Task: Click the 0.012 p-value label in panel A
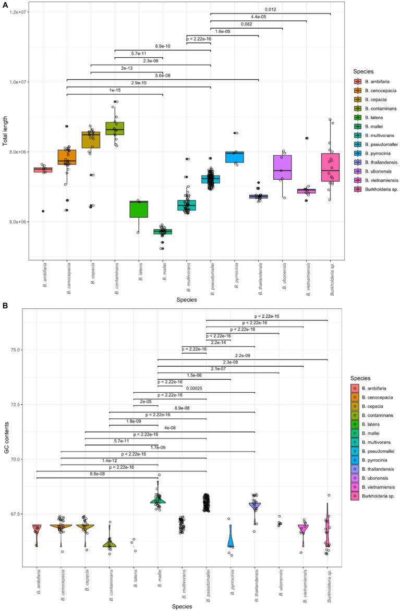coord(270,9)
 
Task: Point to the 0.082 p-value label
coord(247,24)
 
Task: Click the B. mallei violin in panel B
coord(158,500)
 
